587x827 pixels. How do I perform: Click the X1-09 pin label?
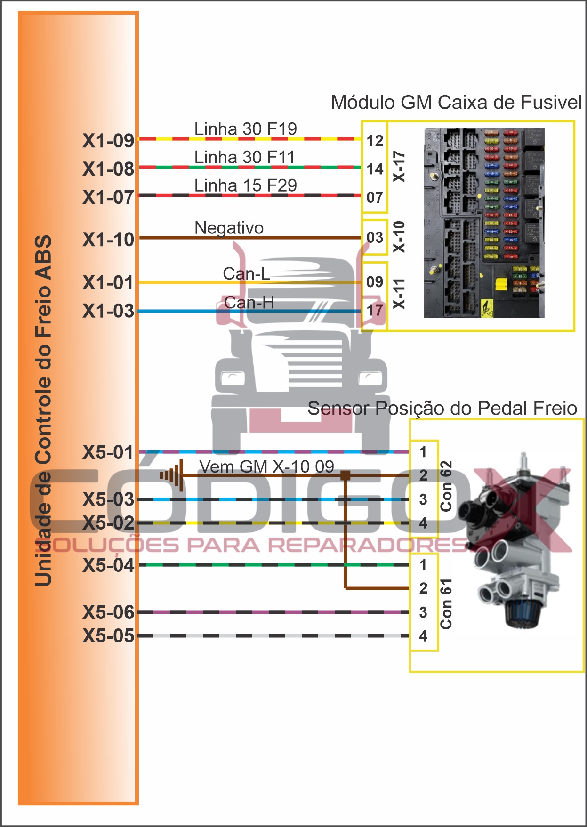[x=108, y=141]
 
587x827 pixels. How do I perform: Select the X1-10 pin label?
[x=108, y=240]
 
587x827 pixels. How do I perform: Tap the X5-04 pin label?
[x=108, y=565]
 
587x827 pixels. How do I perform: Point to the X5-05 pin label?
[x=108, y=636]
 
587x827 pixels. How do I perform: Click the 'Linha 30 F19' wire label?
[x=245, y=128]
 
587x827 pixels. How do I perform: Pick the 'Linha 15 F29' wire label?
[x=245, y=185]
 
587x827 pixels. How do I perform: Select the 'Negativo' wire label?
[x=229, y=228]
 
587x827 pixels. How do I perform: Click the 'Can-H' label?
[x=249, y=303]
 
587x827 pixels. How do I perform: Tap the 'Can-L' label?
[x=246, y=273]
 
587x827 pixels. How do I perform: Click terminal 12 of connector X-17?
[x=375, y=141]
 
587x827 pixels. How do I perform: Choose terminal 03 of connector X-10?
[x=375, y=237]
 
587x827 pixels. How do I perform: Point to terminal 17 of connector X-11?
[x=375, y=310]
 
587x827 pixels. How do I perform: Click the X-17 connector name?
[x=399, y=166]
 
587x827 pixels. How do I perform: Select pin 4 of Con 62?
[x=423, y=523]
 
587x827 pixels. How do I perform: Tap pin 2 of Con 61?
[x=423, y=588]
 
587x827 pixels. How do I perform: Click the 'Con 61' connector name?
[x=446, y=603]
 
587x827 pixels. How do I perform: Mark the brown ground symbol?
[x=172, y=475]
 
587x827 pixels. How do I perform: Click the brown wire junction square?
[x=345, y=475]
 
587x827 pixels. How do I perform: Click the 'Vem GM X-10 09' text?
[x=266, y=466]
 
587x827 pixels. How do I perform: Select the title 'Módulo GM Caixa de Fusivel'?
[x=456, y=102]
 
